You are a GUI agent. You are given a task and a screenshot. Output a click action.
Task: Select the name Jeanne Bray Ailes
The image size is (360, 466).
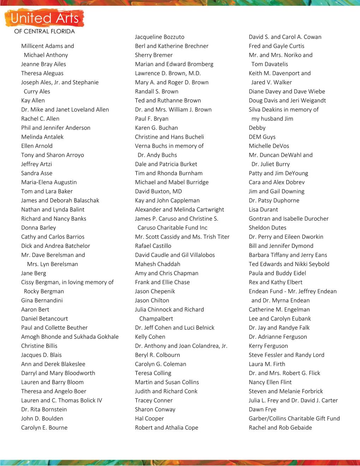click(x=43, y=64)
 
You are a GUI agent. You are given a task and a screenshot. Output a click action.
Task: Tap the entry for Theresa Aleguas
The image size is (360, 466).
click(x=42, y=73)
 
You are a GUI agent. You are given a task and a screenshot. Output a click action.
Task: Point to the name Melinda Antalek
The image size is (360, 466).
click(x=42, y=137)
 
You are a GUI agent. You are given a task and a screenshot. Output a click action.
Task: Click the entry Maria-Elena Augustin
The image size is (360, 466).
click(x=49, y=182)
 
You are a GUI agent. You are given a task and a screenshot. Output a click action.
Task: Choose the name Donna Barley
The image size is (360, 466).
click(x=38, y=228)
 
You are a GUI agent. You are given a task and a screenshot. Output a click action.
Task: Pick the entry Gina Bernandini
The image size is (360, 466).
click(x=42, y=300)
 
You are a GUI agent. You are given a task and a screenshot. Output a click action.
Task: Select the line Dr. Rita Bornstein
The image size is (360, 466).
click(x=44, y=410)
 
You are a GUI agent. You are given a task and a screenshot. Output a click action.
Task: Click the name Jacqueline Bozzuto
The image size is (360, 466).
click(x=160, y=37)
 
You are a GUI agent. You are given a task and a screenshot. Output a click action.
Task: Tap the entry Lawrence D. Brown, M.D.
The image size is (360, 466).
click(x=168, y=73)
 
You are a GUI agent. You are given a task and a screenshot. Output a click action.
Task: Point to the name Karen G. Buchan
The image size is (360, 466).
click(x=156, y=128)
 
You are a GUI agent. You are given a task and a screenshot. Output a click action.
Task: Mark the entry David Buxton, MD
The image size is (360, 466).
click(x=158, y=191)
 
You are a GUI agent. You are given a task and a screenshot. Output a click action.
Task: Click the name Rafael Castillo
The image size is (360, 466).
click(x=153, y=246)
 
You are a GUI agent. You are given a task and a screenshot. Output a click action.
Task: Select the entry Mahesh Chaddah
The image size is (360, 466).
click(x=157, y=264)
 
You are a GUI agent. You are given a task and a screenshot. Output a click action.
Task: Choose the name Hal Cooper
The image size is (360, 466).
click(x=149, y=418)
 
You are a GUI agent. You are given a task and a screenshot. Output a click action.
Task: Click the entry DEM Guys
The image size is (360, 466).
click(x=262, y=137)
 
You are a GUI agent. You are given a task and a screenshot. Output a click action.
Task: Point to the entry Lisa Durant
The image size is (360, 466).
click(x=263, y=209)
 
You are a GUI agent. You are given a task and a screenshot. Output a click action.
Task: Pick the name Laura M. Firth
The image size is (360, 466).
click(x=267, y=364)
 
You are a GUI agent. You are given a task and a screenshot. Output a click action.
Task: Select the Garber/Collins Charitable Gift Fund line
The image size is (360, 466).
click(x=294, y=418)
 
